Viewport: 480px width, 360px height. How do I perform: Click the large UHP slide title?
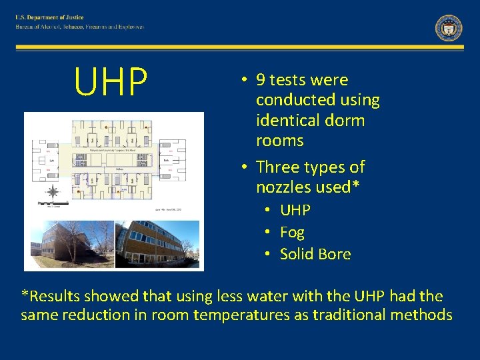point(111,81)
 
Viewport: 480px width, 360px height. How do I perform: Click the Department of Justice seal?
point(449,28)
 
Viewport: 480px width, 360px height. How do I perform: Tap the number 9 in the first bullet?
point(261,80)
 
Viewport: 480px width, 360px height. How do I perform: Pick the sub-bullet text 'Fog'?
point(292,232)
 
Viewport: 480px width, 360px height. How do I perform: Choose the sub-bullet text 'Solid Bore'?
point(315,254)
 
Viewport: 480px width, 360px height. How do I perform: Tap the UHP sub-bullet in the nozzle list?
point(295,210)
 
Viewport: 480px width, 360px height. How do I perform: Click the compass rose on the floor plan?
point(51,193)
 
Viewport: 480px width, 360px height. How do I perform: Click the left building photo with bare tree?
point(69,244)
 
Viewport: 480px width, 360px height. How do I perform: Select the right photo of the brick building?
point(157,244)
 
